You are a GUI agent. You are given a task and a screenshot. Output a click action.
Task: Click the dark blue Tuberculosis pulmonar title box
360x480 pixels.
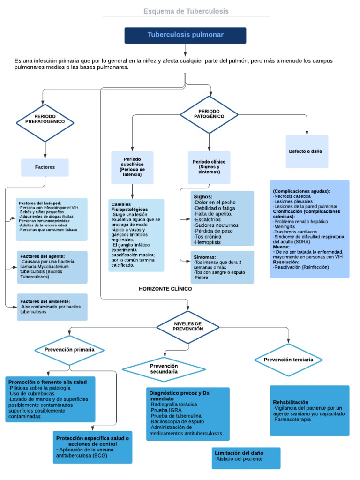pyautogui.click(x=185, y=35)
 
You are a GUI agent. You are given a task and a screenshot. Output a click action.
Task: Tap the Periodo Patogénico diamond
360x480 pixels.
pyautogui.click(x=209, y=114)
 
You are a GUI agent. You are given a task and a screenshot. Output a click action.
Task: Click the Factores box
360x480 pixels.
pyautogui.click(x=45, y=167)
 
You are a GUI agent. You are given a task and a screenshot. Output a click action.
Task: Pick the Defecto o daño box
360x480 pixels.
pyautogui.click(x=307, y=151)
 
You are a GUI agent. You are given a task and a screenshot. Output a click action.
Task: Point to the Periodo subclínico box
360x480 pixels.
pyautogui.click(x=132, y=167)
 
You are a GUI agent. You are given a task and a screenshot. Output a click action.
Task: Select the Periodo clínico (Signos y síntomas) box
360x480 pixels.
pyautogui.click(x=209, y=167)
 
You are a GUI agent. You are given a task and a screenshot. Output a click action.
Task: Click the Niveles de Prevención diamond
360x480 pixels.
pyautogui.click(x=187, y=326)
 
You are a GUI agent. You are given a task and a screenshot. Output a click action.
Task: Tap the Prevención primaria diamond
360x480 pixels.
pyautogui.click(x=69, y=350)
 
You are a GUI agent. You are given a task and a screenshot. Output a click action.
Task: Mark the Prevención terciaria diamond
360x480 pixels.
pyautogui.click(x=289, y=360)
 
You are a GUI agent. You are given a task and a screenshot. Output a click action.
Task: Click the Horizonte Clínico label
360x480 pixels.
pyautogui.click(x=165, y=289)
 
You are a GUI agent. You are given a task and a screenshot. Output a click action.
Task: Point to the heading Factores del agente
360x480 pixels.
pyautogui.click(x=42, y=256)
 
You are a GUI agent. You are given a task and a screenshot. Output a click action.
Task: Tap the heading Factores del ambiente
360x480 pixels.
pyautogui.click(x=45, y=301)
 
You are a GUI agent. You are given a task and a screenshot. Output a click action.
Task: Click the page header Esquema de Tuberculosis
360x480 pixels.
pyautogui.click(x=186, y=11)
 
